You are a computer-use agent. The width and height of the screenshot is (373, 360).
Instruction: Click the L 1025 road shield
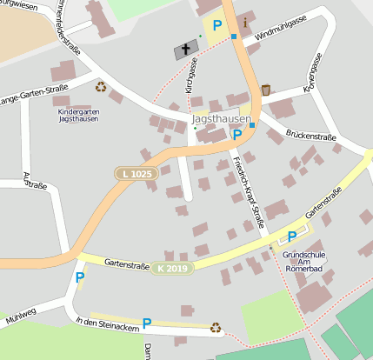tap(136, 175)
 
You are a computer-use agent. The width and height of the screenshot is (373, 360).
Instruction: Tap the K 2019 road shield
tap(171, 268)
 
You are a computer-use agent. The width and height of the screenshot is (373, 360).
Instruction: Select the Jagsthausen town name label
tap(222, 119)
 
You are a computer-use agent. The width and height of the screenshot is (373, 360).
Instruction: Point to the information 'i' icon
tap(245, 22)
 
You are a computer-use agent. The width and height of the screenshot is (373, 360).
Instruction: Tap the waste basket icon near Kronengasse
tap(266, 90)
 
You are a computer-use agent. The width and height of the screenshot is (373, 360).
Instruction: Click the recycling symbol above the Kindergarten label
tap(101, 86)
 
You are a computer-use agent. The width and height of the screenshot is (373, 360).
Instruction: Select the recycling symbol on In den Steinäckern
tap(216, 328)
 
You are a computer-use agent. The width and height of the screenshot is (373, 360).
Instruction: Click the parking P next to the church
tap(216, 25)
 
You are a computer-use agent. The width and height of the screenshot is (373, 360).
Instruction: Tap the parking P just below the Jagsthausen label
tap(236, 135)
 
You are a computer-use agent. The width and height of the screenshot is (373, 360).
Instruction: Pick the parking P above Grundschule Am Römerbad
tap(292, 236)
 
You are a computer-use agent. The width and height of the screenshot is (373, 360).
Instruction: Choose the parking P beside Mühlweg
tap(80, 277)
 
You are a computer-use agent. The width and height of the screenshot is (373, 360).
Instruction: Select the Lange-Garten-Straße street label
tap(34, 93)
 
